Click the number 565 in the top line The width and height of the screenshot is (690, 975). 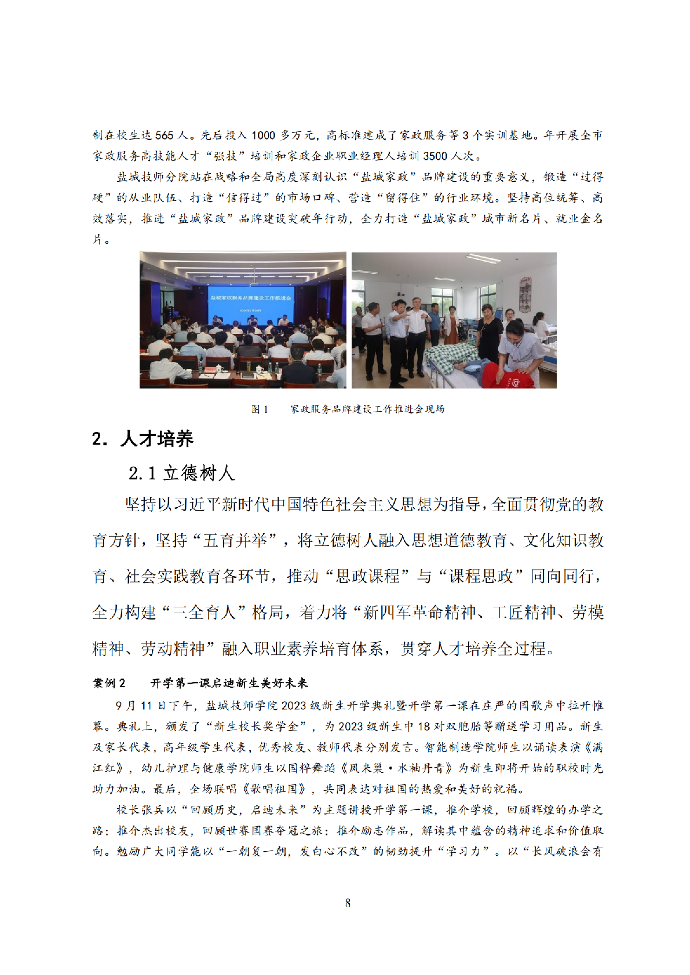pos(164,135)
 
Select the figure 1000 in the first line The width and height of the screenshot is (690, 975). pos(263,135)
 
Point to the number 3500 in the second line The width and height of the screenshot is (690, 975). pos(435,156)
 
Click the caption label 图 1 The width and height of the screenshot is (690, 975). pos(260,409)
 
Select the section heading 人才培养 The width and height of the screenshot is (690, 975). pos(156,439)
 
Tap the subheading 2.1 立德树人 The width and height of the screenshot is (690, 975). pos(181,473)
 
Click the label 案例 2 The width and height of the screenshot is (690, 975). pos(109,683)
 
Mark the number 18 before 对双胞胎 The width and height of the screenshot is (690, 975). pos(424,727)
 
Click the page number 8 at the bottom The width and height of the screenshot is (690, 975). pos(348,903)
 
